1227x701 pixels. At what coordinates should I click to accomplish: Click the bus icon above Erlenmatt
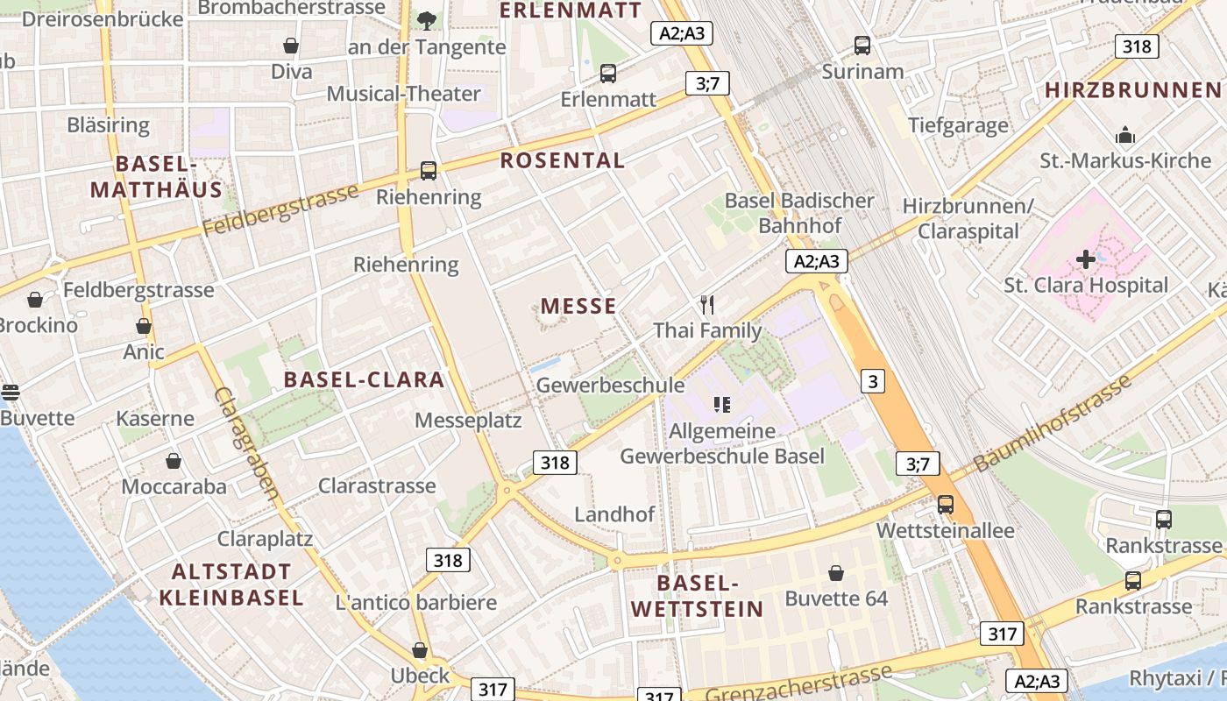coord(608,74)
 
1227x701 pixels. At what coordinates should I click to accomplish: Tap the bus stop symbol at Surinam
coord(862,46)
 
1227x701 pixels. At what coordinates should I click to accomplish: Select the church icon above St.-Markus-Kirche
coord(1125,135)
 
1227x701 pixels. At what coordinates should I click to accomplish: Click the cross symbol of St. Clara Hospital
coord(1086,259)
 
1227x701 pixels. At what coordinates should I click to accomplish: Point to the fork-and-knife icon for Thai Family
coord(707,305)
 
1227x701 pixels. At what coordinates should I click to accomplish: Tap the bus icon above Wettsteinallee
coord(945,505)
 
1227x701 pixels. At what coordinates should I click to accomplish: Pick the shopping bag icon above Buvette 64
coord(836,573)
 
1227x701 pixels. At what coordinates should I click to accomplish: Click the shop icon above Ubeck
coord(420,650)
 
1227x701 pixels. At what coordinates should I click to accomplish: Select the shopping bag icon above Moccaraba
coord(174,461)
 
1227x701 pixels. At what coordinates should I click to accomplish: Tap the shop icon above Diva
coord(291,46)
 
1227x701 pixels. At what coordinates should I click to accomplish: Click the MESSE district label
coord(578,306)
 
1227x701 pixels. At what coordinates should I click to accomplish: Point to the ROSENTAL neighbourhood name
coord(563,160)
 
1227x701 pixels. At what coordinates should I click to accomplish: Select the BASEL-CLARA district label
coord(365,379)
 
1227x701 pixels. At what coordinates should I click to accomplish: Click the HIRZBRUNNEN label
coord(1132,89)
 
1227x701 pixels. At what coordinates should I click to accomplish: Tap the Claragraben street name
coord(247,443)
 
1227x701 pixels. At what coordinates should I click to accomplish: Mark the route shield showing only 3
coord(872,381)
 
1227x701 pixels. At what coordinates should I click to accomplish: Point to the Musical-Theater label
coord(404,94)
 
